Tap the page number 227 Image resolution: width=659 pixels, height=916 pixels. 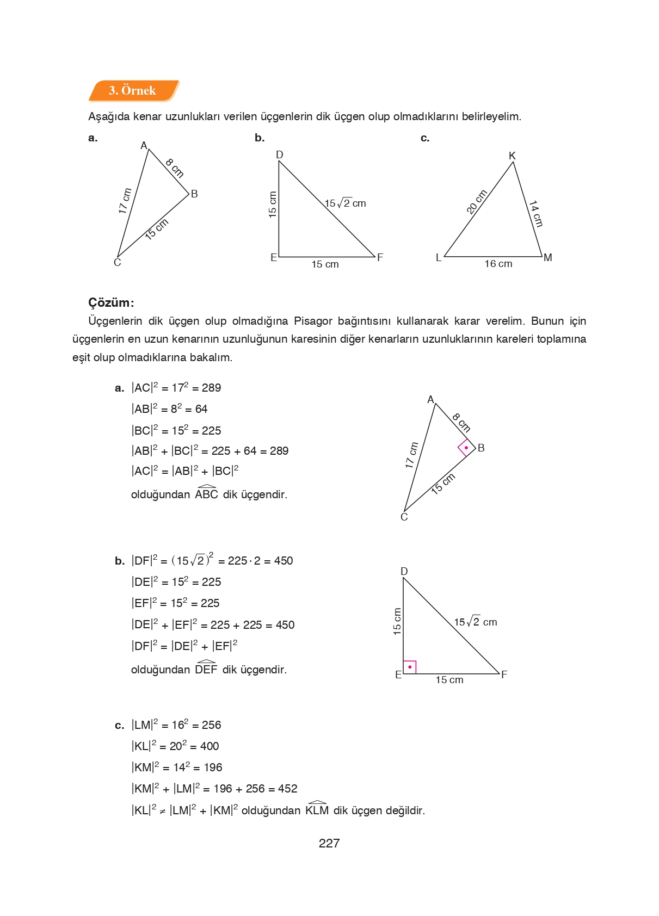tap(329, 843)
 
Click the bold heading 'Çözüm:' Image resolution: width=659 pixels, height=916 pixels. tap(111, 302)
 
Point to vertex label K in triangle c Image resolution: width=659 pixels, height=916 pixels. tap(512, 156)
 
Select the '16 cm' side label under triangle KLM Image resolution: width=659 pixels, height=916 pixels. tap(498, 264)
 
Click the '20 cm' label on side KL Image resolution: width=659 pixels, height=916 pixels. tap(476, 202)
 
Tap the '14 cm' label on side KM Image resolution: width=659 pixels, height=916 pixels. tap(536, 214)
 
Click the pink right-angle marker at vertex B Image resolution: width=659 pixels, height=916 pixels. tap(466, 448)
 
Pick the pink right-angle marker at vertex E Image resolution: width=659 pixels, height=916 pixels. tap(409, 667)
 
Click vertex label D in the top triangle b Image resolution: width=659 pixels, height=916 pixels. tap(280, 155)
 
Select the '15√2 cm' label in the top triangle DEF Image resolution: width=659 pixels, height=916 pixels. tap(345, 203)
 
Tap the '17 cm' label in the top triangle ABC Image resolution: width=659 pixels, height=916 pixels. tap(125, 201)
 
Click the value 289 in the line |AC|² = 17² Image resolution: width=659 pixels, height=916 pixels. tap(211, 388)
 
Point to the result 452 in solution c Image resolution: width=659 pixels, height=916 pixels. tap(287, 789)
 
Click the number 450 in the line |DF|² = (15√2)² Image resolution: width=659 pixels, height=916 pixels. tap(283, 561)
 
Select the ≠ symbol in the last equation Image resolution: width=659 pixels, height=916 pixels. tap(162, 812)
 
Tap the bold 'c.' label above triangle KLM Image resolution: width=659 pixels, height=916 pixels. tap(425, 138)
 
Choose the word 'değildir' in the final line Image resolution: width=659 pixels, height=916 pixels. tap(405, 810)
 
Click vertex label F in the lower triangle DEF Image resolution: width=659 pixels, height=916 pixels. tap(504, 674)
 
